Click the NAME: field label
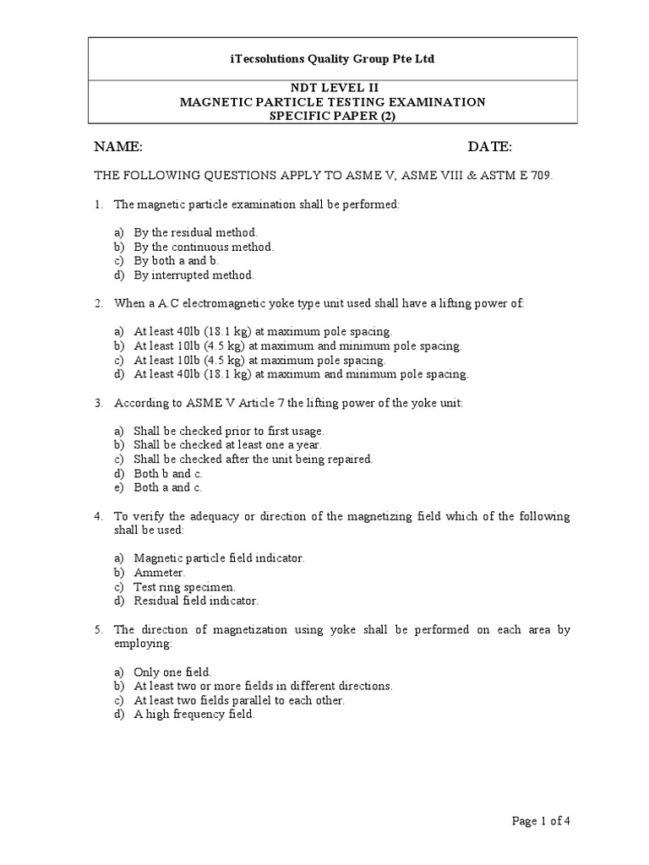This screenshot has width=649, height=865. pyautogui.click(x=117, y=147)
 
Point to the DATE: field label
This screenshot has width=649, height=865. pyautogui.click(x=490, y=147)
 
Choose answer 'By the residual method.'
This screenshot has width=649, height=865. pyautogui.click(x=195, y=232)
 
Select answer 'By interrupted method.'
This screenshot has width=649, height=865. pyautogui.click(x=193, y=275)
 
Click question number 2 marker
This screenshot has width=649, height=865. pyautogui.click(x=98, y=303)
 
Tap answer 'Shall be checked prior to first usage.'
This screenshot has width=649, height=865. pyautogui.click(x=229, y=431)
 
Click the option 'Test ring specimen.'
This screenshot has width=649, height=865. pyautogui.click(x=184, y=586)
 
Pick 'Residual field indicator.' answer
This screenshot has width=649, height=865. pyautogui.click(x=196, y=601)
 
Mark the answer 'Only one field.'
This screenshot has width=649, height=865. pyautogui.click(x=172, y=672)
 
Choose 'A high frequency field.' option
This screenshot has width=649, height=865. pyautogui.click(x=194, y=715)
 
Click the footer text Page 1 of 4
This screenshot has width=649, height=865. pyautogui.click(x=546, y=820)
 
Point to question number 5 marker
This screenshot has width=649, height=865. pyautogui.click(x=98, y=629)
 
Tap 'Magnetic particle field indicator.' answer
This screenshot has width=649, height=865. pyautogui.click(x=219, y=558)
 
